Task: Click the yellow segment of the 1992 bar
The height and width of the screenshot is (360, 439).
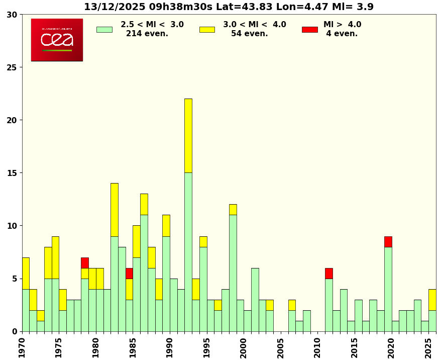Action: tap(188, 136)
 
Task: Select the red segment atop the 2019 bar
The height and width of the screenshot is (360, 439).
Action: tap(388, 241)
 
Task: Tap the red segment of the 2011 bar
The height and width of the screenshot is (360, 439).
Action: tap(328, 273)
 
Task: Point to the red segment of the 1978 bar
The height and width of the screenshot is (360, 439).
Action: tap(85, 262)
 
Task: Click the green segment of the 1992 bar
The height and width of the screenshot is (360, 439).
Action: tap(188, 251)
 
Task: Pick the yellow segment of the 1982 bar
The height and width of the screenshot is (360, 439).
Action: tap(115, 210)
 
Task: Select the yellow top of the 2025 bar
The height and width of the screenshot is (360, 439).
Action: tap(432, 300)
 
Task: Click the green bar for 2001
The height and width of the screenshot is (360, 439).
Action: tap(255, 299)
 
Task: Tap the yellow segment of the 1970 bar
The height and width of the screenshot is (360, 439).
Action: tap(26, 273)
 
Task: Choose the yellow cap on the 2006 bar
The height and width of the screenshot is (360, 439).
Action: tap(292, 305)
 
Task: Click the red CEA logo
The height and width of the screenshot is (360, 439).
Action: tap(57, 40)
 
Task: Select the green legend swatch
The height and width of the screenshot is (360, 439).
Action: tap(104, 29)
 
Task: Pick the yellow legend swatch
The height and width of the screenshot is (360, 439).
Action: tap(207, 29)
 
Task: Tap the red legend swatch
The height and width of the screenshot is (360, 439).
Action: tap(309, 29)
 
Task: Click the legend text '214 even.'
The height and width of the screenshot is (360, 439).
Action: tap(147, 34)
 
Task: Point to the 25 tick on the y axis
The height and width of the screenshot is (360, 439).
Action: tap(12, 67)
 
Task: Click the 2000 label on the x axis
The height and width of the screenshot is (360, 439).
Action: tap(244, 347)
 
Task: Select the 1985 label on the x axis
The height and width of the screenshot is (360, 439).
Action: tap(133, 347)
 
